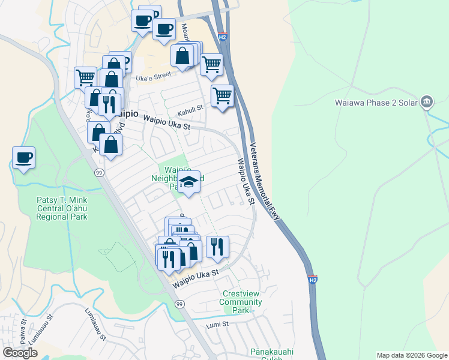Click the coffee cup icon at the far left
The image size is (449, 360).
tap(24, 158)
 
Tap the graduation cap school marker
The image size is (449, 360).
tap(188, 182)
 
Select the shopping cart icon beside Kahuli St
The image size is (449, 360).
tap(222, 95)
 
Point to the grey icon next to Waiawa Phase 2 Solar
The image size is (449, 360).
tap(427, 101)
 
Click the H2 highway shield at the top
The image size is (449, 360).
tap(222, 37)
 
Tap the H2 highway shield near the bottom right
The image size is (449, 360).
tap(312, 280)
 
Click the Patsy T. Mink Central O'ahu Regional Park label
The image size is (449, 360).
tap(62, 208)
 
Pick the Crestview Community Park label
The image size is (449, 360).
tap(241, 302)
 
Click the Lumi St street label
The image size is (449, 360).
tap(217, 324)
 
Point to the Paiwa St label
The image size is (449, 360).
tap(22, 334)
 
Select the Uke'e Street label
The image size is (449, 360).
tap(154, 77)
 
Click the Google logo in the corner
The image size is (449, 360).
tap(20, 352)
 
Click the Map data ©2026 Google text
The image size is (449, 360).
tap(411, 355)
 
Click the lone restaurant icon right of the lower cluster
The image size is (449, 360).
tap(217, 245)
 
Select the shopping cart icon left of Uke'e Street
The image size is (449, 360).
tap(85, 77)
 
